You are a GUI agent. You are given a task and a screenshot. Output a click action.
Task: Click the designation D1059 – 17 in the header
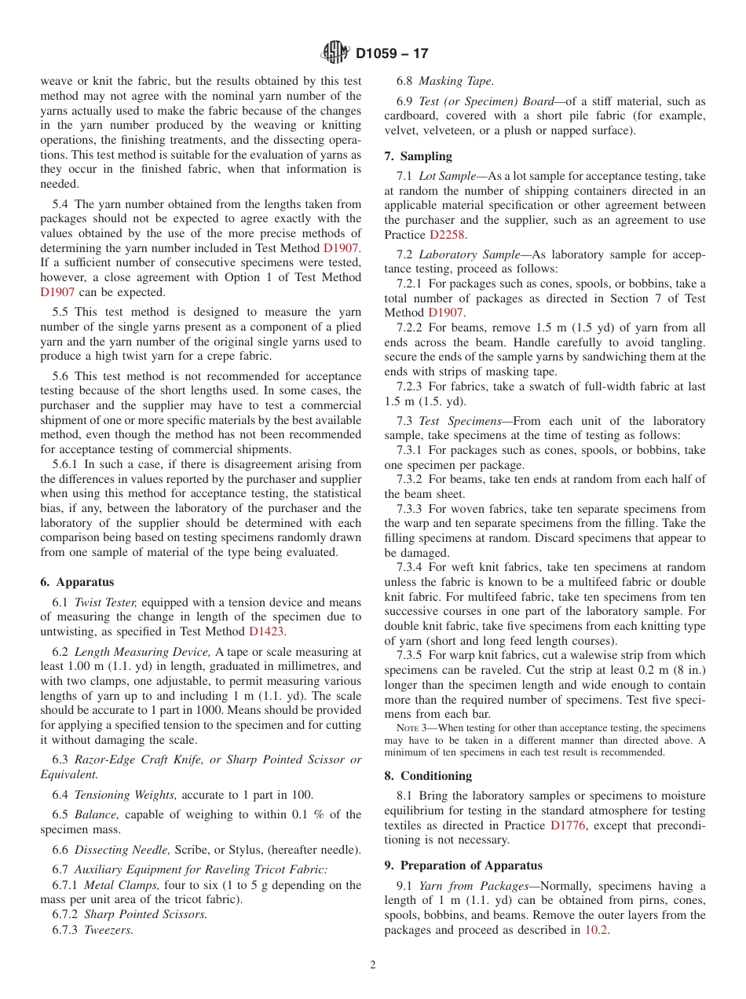[392, 54]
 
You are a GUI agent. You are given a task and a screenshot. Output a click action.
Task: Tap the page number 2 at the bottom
[373, 965]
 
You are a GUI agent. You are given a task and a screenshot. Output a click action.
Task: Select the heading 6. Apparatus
[77, 582]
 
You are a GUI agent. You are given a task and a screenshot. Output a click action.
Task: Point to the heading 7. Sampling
[418, 156]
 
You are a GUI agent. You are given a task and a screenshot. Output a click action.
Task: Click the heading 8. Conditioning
[428, 775]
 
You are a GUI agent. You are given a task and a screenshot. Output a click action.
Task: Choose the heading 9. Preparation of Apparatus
[463, 865]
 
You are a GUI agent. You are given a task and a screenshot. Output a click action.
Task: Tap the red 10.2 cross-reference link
[596, 930]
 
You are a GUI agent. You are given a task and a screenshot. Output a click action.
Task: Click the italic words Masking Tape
[456, 81]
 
